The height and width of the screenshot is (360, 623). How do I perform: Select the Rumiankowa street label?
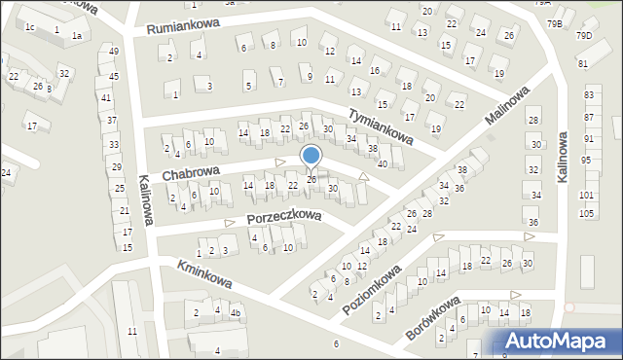tap(185, 27)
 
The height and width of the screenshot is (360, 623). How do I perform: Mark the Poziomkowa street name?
tap(375, 288)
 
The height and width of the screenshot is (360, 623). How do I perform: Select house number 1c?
tap(30, 26)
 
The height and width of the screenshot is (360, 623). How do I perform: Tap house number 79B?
tap(554, 22)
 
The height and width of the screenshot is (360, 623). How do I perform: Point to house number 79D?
tap(583, 36)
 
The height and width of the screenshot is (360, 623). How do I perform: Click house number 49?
tap(114, 51)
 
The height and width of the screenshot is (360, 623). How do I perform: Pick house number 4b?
tap(235, 313)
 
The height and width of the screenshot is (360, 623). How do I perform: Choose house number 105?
tap(586, 212)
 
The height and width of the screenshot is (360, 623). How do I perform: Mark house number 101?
tap(586, 195)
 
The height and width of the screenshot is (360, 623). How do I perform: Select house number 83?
tap(589, 94)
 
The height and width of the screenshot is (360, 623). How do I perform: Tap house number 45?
tap(114, 76)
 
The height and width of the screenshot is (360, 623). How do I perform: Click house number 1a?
tap(76, 35)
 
